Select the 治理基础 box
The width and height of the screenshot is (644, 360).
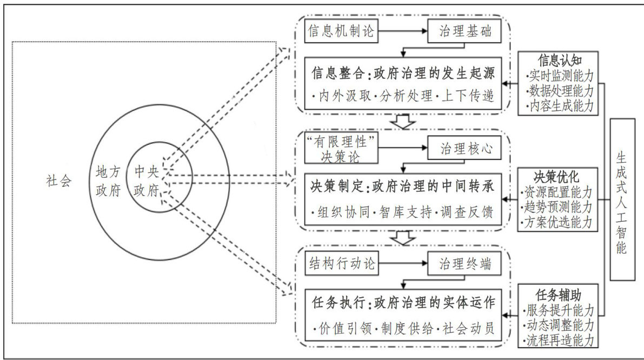pyautogui.click(x=468, y=31)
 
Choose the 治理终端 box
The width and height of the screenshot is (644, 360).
pyautogui.click(x=468, y=265)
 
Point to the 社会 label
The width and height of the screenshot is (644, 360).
pyautogui.click(x=59, y=182)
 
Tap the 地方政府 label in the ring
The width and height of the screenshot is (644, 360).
pyautogui.click(x=107, y=182)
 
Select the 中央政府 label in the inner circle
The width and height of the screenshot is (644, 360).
pyautogui.click(x=145, y=182)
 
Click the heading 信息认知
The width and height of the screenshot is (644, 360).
pyautogui.click(x=559, y=58)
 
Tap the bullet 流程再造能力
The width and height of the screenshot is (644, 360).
pyautogui.click(x=559, y=341)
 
